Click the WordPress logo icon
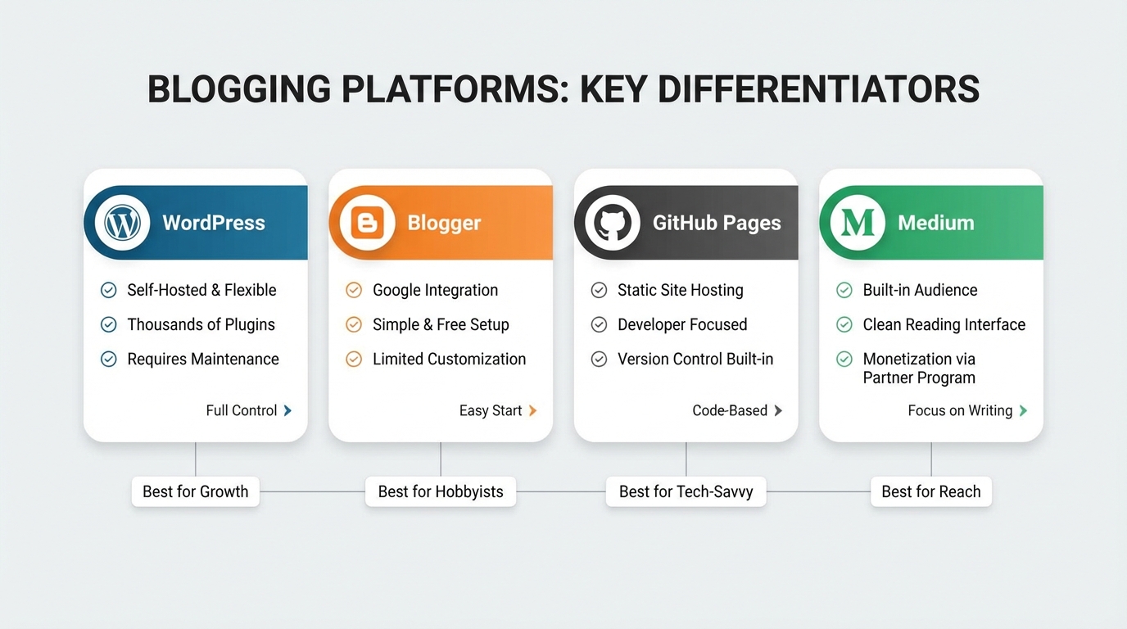(122, 223)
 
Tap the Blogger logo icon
(367, 223)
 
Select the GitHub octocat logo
(613, 223)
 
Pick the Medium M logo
(858, 223)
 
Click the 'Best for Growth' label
(195, 491)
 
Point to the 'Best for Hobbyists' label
(441, 491)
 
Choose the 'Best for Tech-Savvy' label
(686, 491)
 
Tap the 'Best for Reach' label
(930, 491)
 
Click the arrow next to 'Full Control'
(287, 410)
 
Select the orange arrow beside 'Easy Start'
(532, 410)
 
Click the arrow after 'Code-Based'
(778, 410)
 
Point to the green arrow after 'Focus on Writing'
(1023, 410)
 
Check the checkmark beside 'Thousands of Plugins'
(108, 324)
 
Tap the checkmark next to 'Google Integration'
(354, 290)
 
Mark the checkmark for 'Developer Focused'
(599, 324)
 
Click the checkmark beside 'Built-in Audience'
(844, 290)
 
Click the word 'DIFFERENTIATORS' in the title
(818, 89)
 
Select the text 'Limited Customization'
(449, 359)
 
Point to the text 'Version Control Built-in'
(695, 359)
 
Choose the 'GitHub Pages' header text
(717, 223)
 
